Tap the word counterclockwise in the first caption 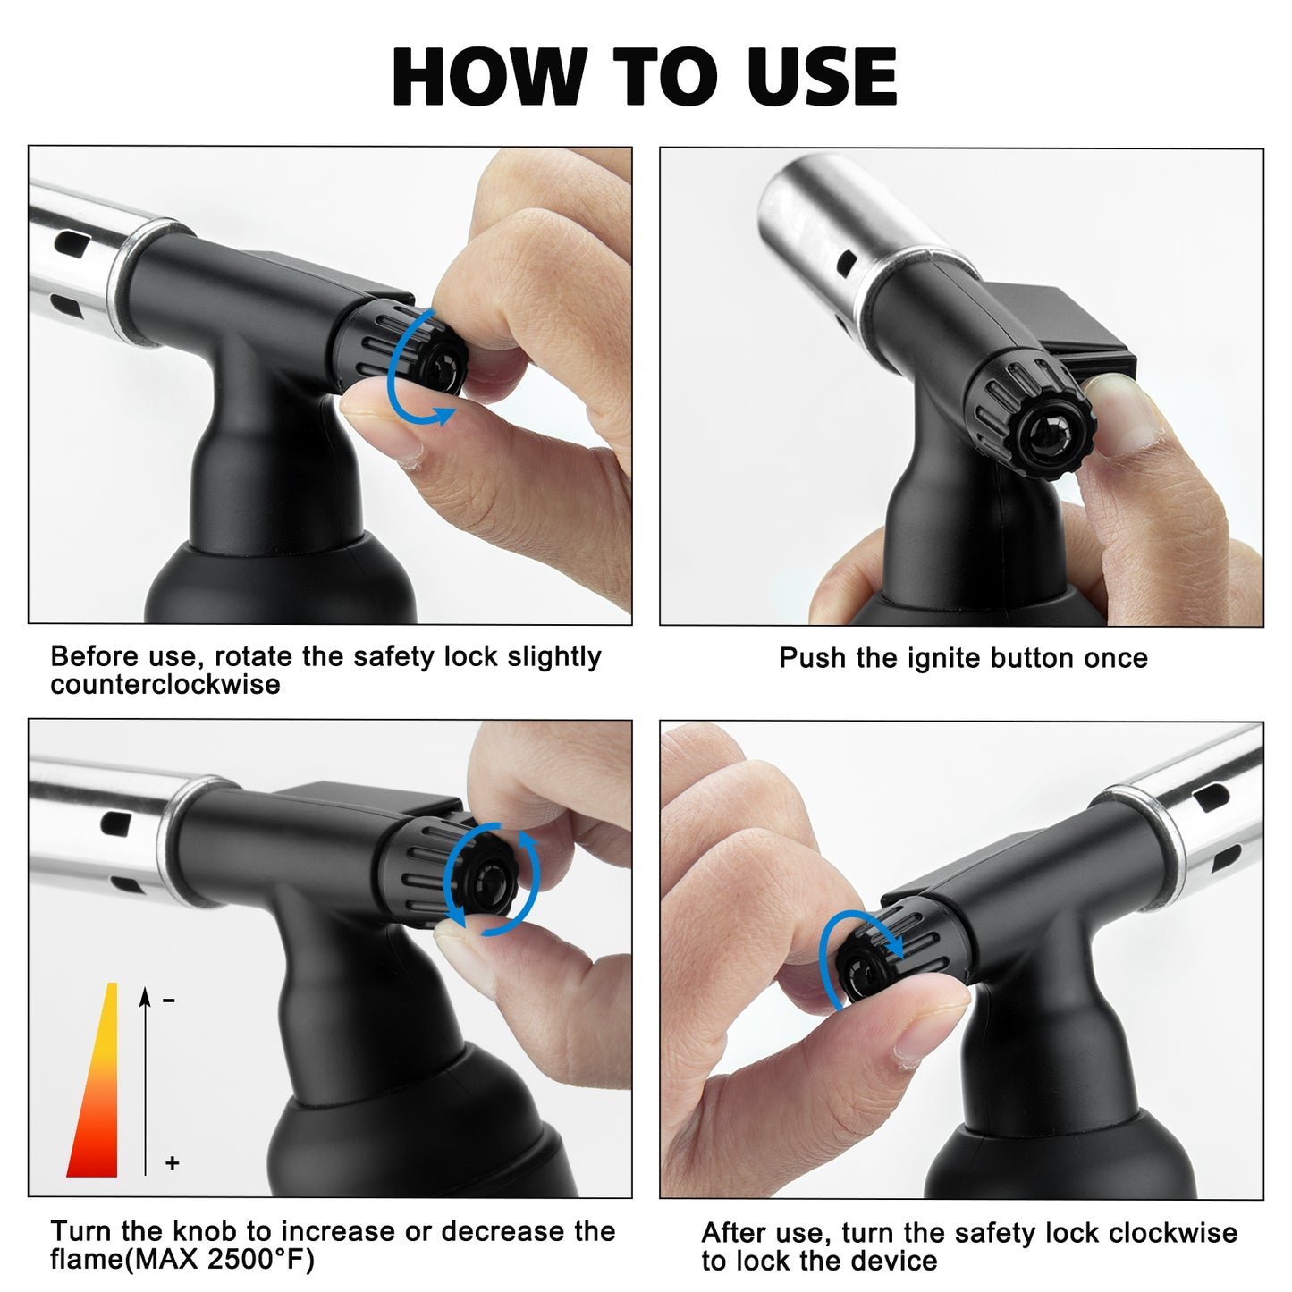(x=165, y=685)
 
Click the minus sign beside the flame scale (x=169, y=1001)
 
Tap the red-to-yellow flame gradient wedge (x=97, y=1100)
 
